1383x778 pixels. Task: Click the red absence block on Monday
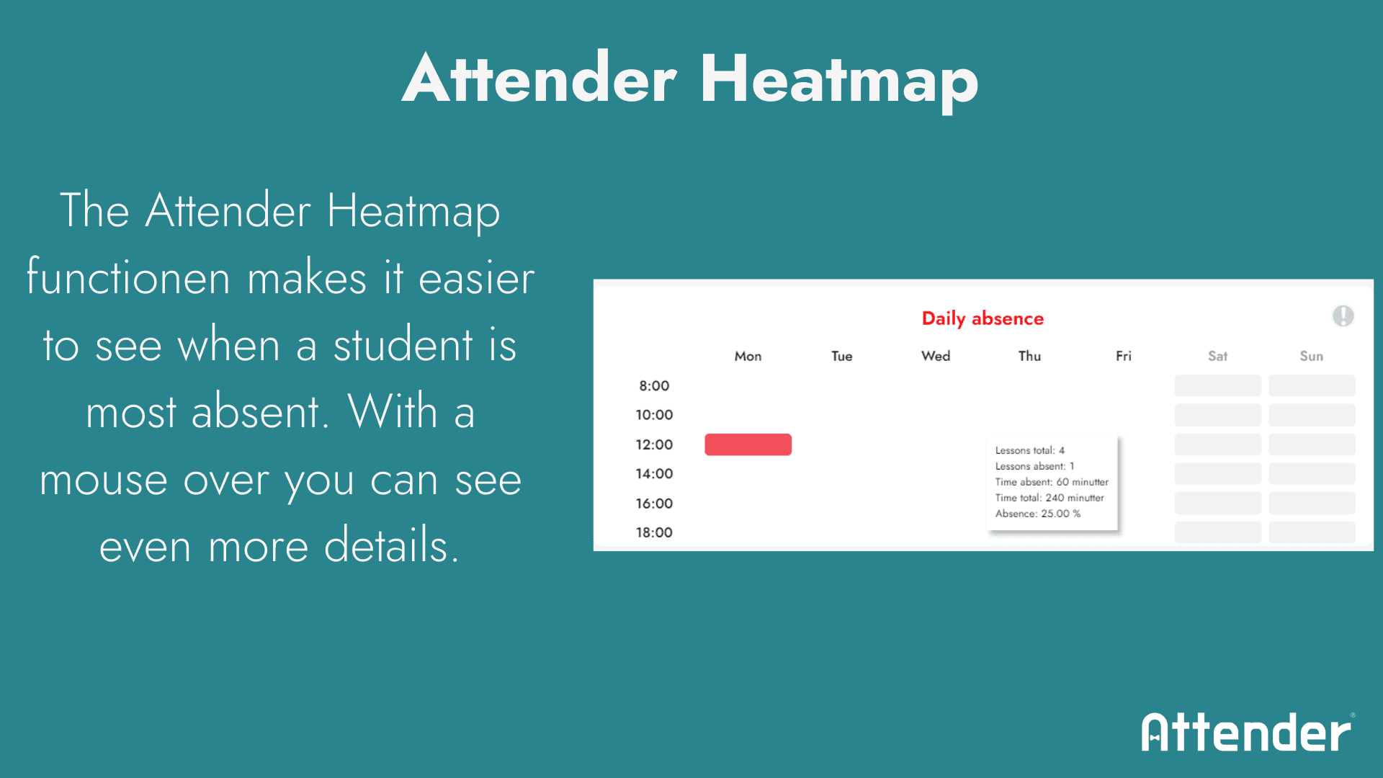(748, 444)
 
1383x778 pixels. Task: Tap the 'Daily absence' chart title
(983, 318)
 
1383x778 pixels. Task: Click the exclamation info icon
(1343, 316)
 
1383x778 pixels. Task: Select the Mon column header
(748, 356)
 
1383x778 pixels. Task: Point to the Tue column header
(841, 356)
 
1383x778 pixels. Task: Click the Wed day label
(936, 356)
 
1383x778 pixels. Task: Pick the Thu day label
(1029, 356)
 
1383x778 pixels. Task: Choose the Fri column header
(1123, 356)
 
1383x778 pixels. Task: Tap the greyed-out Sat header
(1217, 356)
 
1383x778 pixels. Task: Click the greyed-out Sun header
(1311, 356)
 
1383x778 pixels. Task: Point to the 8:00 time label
(654, 385)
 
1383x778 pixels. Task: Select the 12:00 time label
(654, 444)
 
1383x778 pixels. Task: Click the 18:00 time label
(654, 532)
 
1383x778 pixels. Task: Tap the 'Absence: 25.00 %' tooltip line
(1038, 514)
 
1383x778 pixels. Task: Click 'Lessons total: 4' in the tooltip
(1030, 450)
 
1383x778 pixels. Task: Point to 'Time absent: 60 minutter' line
(1052, 482)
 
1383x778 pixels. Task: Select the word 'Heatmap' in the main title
(839, 79)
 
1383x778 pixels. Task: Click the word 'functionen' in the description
(128, 277)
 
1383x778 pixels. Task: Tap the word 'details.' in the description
(391, 545)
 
